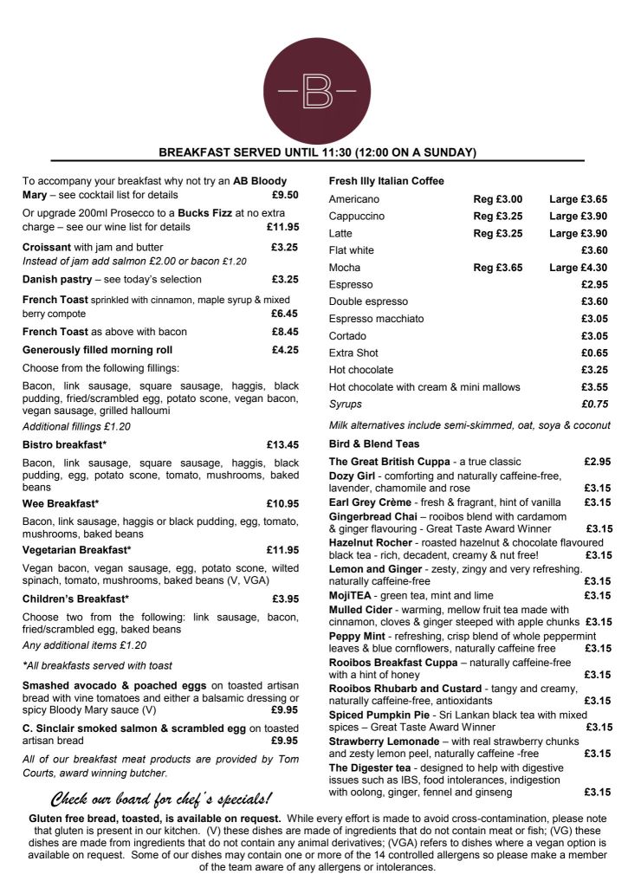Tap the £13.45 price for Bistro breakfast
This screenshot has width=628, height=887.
point(283,445)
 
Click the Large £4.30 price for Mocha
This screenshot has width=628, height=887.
point(579,268)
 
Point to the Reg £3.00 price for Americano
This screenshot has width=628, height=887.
point(498,199)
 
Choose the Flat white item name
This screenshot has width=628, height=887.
point(351,250)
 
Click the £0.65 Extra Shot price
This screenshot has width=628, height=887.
point(594,353)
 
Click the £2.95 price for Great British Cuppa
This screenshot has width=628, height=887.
point(598,462)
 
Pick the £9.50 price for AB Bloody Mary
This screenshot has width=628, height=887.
point(285,196)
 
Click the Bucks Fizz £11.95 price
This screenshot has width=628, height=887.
point(283,228)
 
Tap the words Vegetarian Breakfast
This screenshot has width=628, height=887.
point(76,550)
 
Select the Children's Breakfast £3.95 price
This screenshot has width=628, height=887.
point(285,599)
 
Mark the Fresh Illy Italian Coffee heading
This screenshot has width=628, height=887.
point(386,181)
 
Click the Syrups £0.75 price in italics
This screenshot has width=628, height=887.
point(594,404)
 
